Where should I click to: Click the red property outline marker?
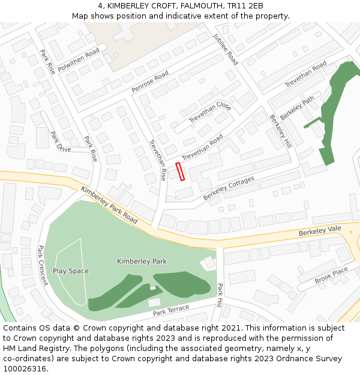179,171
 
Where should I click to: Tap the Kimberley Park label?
142,262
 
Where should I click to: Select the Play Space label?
70,271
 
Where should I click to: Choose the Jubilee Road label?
226,49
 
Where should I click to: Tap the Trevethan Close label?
210,112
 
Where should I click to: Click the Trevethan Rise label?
157,160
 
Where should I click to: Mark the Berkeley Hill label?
280,131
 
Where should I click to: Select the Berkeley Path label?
297,107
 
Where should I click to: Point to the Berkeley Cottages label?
229,188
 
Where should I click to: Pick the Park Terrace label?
171,311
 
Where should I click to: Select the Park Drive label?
60,142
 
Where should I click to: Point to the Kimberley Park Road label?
109,205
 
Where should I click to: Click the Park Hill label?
220,296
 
